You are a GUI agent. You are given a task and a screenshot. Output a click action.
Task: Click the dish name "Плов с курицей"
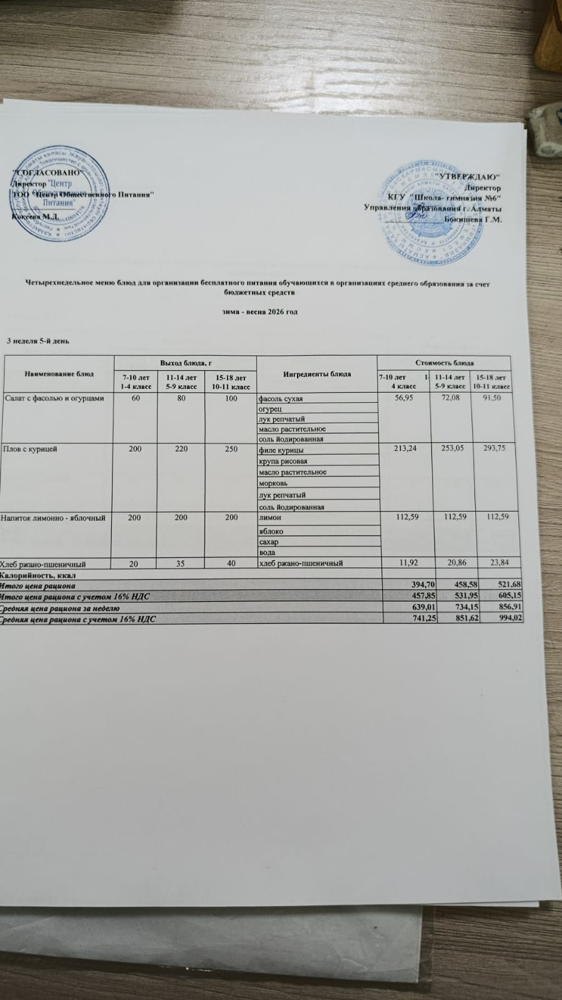point(31,449)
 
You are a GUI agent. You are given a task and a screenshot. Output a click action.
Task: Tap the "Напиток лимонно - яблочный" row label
point(53,518)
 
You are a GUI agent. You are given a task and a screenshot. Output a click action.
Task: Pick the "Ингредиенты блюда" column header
point(317,374)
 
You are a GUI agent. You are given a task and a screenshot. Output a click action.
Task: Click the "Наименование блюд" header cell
point(59,374)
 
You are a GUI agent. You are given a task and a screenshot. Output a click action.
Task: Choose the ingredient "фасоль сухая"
point(281,398)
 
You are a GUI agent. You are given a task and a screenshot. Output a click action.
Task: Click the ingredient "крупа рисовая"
point(283,461)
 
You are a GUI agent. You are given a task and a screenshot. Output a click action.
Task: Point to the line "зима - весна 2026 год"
point(259,311)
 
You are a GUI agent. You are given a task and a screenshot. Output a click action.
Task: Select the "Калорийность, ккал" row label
point(41,574)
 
